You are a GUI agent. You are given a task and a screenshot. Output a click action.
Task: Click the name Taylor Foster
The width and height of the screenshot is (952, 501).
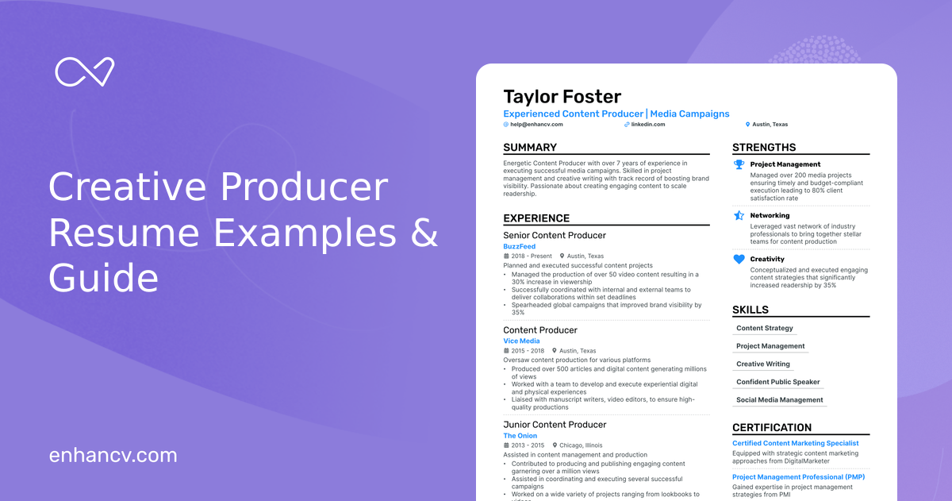[x=562, y=97]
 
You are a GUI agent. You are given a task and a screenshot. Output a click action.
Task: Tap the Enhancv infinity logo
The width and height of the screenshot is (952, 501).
[x=85, y=72]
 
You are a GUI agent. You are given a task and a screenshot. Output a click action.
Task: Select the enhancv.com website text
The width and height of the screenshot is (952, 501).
[x=113, y=455]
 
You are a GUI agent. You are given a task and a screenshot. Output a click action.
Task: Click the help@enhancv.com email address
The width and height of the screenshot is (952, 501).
[x=535, y=125]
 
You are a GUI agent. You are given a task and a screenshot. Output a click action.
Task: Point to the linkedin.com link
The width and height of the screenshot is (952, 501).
[x=647, y=125]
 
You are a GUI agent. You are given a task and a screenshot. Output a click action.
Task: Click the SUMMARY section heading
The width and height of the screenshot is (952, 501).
[x=530, y=148]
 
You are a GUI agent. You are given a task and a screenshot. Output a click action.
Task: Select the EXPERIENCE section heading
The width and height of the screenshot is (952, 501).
[x=536, y=218]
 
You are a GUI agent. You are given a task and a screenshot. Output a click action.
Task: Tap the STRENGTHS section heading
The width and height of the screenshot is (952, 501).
[x=764, y=148]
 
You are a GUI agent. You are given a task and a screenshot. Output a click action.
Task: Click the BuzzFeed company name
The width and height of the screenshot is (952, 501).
[x=520, y=247]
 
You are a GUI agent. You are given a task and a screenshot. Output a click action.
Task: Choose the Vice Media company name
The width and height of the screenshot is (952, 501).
[x=521, y=341]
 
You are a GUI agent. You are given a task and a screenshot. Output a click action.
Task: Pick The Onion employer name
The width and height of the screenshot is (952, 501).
[x=520, y=436]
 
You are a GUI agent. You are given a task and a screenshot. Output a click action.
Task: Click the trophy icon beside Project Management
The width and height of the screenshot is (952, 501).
[x=739, y=165]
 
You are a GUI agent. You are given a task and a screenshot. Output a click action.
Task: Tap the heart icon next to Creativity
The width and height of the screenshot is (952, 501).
[x=739, y=260]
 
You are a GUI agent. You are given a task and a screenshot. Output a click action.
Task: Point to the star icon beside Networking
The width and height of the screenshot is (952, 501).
[x=739, y=215]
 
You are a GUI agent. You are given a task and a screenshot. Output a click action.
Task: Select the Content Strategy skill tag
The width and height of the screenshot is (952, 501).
[x=765, y=328]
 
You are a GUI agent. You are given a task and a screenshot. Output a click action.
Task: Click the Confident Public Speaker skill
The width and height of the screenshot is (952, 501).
[x=778, y=382]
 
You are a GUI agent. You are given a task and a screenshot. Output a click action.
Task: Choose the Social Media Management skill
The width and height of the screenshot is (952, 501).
[x=780, y=400]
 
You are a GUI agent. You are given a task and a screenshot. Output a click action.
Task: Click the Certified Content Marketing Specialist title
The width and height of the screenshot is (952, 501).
[x=796, y=443]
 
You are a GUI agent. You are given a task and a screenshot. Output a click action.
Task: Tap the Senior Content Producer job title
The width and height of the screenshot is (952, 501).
[x=555, y=235]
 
